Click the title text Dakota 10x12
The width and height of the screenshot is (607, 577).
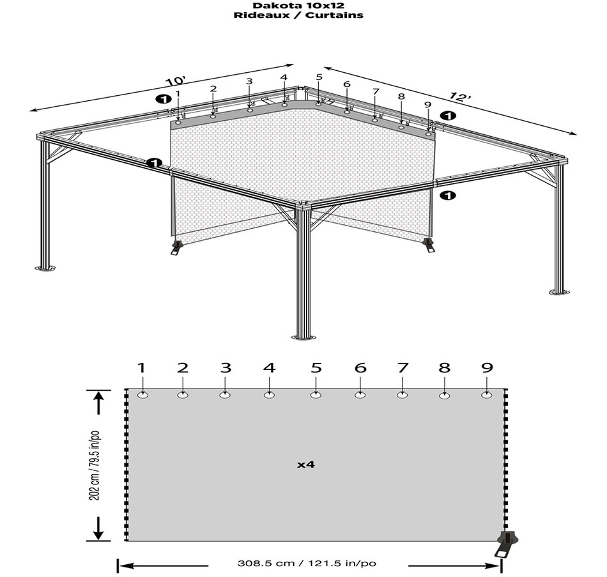pyautogui.click(x=298, y=4)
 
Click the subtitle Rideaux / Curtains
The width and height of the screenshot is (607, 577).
pyautogui.click(x=298, y=14)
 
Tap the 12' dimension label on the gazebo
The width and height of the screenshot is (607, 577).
pyautogui.click(x=459, y=97)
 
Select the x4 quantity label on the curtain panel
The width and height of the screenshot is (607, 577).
pyautogui.click(x=306, y=465)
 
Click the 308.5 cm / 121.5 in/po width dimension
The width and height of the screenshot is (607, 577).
pyautogui.click(x=307, y=564)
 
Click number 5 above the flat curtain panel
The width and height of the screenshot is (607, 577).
pyautogui.click(x=316, y=368)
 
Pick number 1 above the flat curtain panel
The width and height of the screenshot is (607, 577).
pyautogui.click(x=142, y=368)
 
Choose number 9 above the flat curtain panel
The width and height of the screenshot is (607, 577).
pyautogui.click(x=488, y=368)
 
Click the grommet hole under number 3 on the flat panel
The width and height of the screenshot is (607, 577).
pyautogui.click(x=225, y=396)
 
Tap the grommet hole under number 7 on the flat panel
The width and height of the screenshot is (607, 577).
pyautogui.click(x=402, y=396)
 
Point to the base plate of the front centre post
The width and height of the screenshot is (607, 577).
pyautogui.click(x=303, y=337)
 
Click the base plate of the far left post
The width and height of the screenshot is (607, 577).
pyautogui.click(x=45, y=268)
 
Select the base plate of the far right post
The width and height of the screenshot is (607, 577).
pyautogui.click(x=558, y=293)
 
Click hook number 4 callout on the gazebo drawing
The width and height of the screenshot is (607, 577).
pyautogui.click(x=284, y=78)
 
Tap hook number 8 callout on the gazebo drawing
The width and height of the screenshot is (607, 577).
pyautogui.click(x=401, y=96)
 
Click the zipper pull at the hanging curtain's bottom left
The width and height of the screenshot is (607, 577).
pyautogui.click(x=176, y=246)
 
